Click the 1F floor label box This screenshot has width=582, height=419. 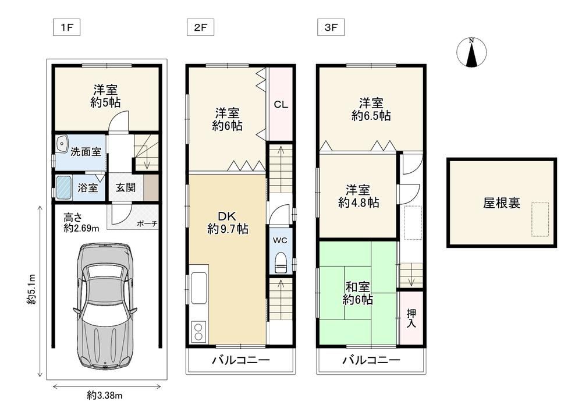coord(67,28)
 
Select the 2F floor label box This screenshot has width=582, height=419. coord(200,28)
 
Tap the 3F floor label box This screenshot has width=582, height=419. coord(331,28)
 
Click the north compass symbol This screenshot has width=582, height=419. coord(471,52)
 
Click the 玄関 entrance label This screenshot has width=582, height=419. coord(126,187)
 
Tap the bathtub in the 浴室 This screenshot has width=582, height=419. coord(63,187)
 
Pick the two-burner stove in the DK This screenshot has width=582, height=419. coord(198,331)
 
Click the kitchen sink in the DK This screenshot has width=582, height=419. coord(199,287)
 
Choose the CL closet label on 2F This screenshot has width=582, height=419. coord(281,105)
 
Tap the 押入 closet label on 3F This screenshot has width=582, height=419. coord(411,318)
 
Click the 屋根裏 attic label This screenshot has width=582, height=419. coord(502,203)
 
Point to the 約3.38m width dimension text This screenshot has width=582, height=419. coord(105,396)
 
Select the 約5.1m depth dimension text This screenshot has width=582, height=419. coord(31,289)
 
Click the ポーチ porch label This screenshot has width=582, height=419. coord(147,224)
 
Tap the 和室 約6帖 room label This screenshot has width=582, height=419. coord(358,293)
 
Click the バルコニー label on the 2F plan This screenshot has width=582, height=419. coord(241,360)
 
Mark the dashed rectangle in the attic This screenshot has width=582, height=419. coord(540,219)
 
